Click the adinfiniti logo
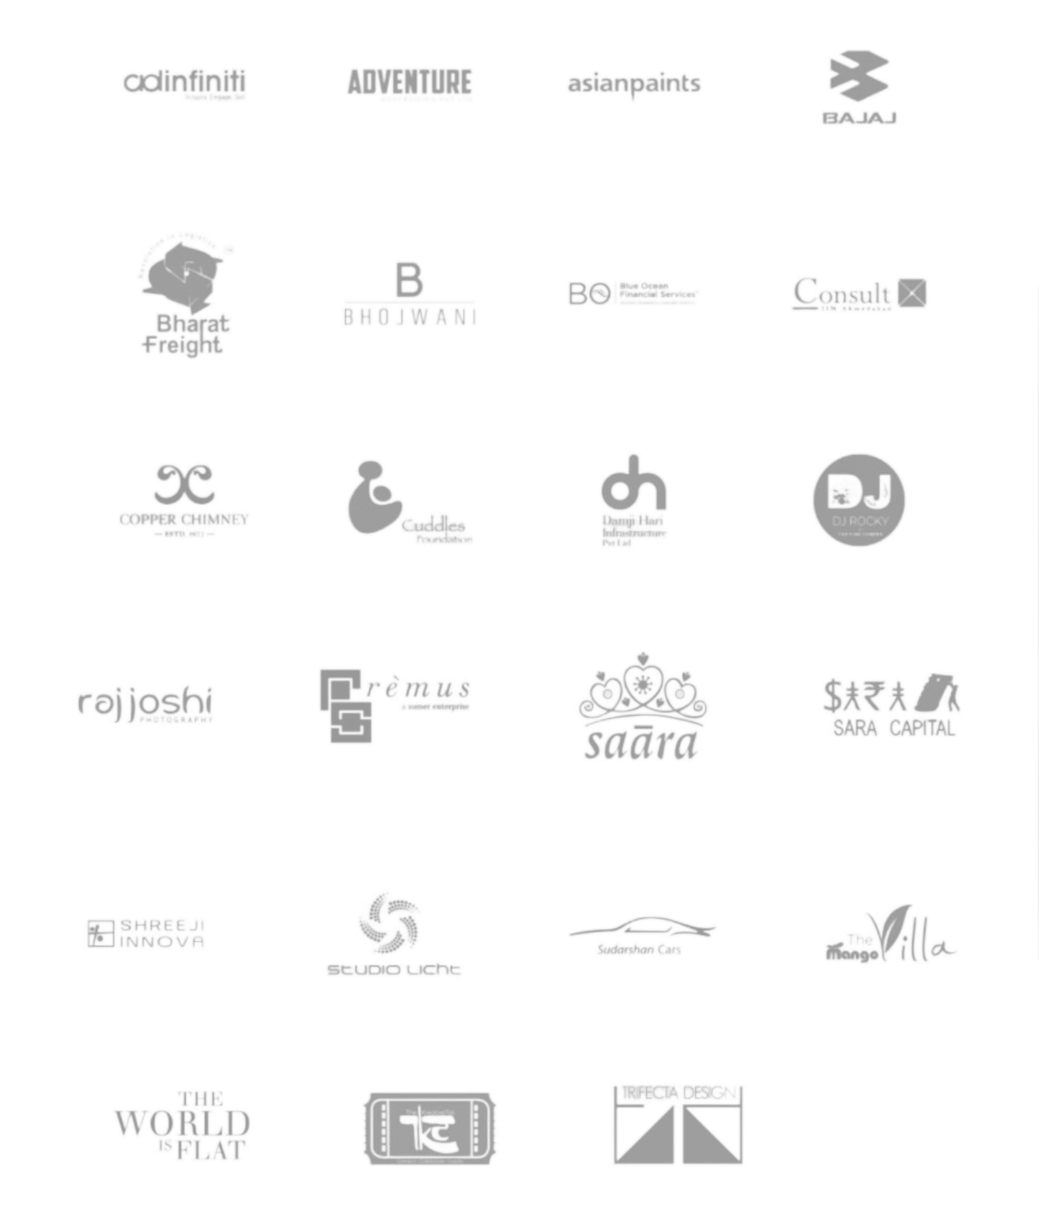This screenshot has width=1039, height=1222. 184,82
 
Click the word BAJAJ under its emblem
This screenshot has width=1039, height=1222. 859,118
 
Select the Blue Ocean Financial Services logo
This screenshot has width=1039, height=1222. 634,294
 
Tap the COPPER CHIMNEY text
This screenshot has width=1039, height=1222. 184,519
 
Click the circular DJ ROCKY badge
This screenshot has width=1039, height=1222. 858,499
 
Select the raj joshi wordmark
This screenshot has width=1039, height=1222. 145,703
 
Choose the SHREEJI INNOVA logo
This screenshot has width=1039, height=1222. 145,933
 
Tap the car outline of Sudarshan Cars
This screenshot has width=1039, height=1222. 642,927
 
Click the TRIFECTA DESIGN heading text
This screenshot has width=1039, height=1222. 677,1093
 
